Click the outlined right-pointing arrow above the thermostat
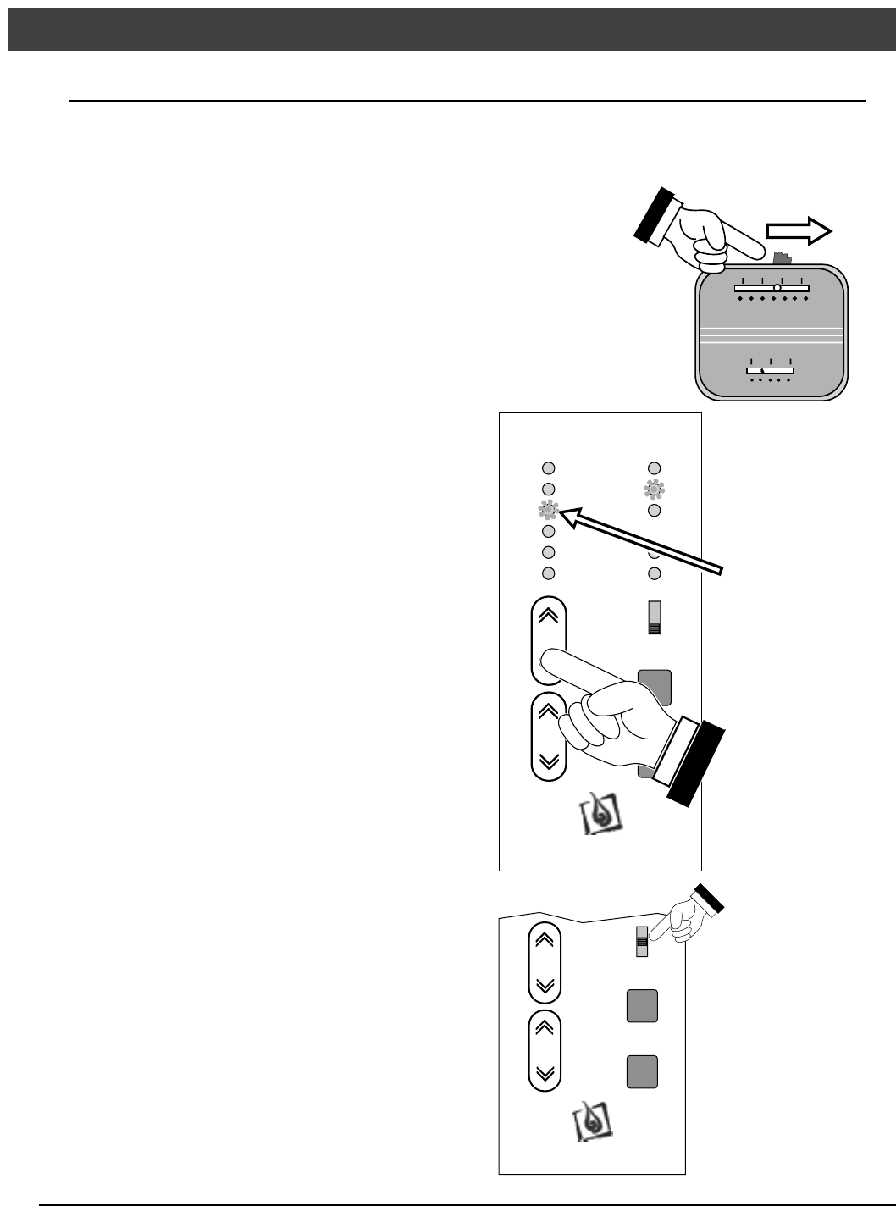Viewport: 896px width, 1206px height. (799, 231)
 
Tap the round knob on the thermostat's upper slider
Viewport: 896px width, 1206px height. (777, 288)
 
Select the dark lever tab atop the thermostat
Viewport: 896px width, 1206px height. (782, 256)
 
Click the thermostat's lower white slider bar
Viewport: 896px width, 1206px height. (769, 370)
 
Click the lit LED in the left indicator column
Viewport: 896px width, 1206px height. (548, 510)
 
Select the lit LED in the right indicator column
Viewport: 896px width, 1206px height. (654, 489)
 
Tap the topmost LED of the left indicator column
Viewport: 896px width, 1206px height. (548, 467)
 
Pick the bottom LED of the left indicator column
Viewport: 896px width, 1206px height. (548, 573)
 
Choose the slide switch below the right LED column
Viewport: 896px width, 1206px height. (654, 617)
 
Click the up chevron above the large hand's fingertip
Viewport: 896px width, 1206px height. (548, 616)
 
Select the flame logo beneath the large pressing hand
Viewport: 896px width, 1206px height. (600, 815)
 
